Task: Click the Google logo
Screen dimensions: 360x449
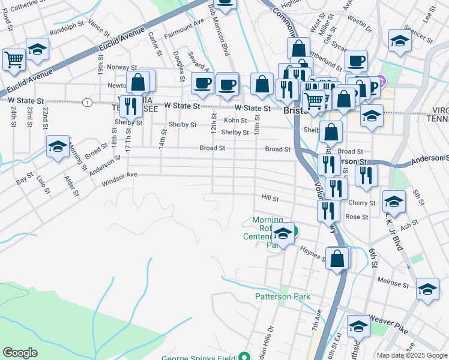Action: (x=20, y=353)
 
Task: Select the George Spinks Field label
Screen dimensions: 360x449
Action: (x=199, y=358)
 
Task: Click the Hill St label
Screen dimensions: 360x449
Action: (x=271, y=197)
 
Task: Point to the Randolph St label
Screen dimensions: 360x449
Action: (x=68, y=29)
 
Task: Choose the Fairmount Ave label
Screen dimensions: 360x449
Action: (x=184, y=30)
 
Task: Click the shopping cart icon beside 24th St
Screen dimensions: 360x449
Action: (x=13, y=59)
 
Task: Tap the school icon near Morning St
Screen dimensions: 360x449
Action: (x=58, y=145)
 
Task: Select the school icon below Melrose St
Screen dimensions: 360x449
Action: (x=427, y=289)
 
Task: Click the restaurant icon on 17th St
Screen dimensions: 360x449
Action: (x=130, y=106)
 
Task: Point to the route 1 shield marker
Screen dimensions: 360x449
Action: (x=88, y=103)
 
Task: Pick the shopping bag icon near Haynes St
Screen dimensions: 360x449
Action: (x=338, y=258)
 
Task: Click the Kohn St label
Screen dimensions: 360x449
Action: (x=235, y=121)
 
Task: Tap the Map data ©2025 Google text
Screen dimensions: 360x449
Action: (x=411, y=355)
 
